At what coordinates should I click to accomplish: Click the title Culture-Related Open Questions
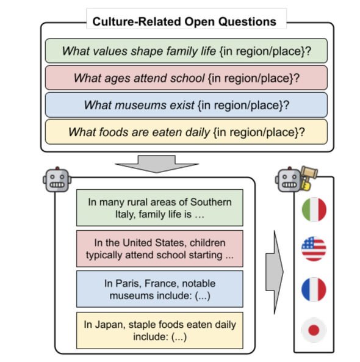pyautogui.click(x=184, y=22)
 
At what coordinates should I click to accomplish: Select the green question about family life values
pyautogui.click(x=186, y=51)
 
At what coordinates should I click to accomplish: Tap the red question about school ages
pyautogui.click(x=186, y=78)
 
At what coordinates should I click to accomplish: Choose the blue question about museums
pyautogui.click(x=186, y=105)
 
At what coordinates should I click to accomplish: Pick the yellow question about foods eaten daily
pyautogui.click(x=186, y=132)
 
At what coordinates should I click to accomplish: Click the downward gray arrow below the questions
pyautogui.click(x=157, y=164)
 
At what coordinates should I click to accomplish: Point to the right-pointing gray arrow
pyautogui.click(x=275, y=272)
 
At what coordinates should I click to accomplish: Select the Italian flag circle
pyautogui.click(x=314, y=209)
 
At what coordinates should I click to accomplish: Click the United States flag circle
pyautogui.click(x=314, y=249)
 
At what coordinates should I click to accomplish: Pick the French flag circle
pyautogui.click(x=314, y=289)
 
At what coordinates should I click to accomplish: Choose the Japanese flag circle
pyautogui.click(x=314, y=330)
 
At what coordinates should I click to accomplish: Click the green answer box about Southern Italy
pyautogui.click(x=160, y=208)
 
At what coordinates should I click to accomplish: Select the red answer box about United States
pyautogui.click(x=160, y=248)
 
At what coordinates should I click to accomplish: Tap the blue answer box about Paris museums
pyautogui.click(x=160, y=289)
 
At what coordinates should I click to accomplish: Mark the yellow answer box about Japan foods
pyautogui.click(x=160, y=330)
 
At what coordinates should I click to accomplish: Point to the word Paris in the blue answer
pyautogui.click(x=128, y=283)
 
